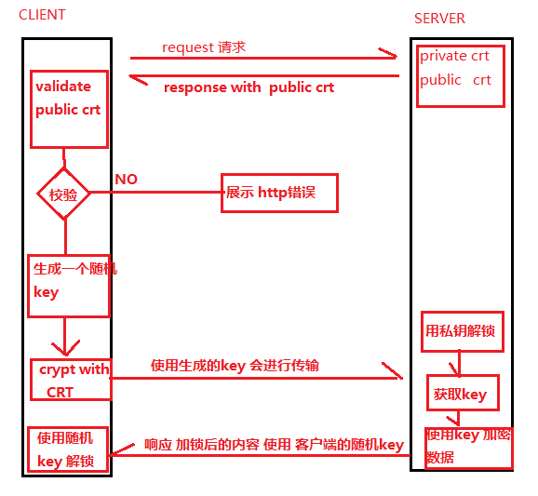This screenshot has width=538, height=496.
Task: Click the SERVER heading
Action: pos(439,19)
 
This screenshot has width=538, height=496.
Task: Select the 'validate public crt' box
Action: pos(70,108)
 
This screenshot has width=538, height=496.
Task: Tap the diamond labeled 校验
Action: pos(64,194)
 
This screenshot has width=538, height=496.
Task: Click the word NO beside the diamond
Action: pos(126,179)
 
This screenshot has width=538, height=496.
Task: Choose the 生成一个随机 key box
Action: pos(69,285)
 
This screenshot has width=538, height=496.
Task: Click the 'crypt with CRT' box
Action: pos(71,380)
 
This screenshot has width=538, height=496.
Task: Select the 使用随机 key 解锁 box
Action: pos(68,449)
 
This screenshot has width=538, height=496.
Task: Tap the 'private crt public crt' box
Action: pos(454,74)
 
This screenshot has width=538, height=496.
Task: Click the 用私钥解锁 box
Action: pos(463,331)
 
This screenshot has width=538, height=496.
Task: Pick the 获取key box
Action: pos(463,394)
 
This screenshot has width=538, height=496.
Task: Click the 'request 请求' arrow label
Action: pos(204,47)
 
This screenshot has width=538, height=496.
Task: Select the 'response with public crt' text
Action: pos(249,87)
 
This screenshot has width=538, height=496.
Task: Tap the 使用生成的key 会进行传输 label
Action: pos(235,366)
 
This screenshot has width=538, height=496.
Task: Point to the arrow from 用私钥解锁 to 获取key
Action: pos(455,364)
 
